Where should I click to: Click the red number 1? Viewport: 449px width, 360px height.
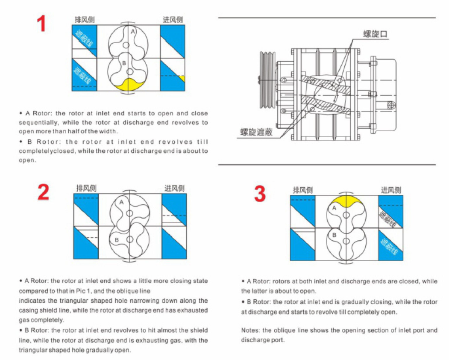(41, 24)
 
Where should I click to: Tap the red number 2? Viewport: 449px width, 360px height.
(43, 192)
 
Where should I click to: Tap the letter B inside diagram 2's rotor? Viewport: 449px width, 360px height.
(116, 240)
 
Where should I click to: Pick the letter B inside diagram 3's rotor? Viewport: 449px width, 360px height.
(334, 235)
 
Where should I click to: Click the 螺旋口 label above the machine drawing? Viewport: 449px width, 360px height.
(376, 34)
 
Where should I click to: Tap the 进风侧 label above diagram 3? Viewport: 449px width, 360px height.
(390, 190)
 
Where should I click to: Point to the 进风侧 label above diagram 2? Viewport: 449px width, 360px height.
(174, 188)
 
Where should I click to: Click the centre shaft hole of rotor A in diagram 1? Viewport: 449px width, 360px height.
(126, 44)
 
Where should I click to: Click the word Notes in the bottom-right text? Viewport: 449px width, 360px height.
(250, 330)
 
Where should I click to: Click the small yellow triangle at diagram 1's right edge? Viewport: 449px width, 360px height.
(182, 78)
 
